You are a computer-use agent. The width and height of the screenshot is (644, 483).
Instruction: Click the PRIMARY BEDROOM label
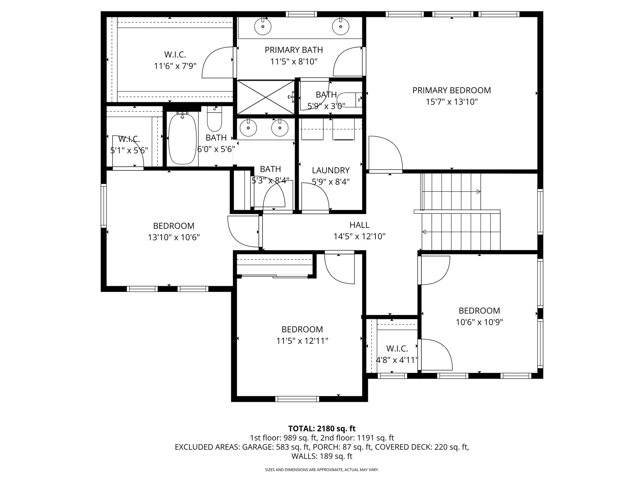tap(452, 91)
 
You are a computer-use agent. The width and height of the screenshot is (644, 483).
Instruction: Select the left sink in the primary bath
tap(263, 27)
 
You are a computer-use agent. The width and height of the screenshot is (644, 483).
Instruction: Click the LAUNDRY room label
tap(330, 170)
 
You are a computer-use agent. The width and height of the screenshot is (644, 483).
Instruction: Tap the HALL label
tap(359, 225)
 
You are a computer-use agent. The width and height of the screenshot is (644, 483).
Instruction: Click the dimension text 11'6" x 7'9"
tap(175, 66)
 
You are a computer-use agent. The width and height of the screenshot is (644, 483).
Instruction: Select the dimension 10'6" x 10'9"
tap(479, 322)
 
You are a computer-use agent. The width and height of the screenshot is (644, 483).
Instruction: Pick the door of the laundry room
tap(315, 197)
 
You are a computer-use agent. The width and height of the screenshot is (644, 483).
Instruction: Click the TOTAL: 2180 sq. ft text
tap(322, 429)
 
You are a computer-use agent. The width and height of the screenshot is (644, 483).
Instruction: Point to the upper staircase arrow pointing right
tap(478, 192)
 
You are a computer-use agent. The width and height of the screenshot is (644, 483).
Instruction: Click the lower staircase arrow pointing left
tap(424, 232)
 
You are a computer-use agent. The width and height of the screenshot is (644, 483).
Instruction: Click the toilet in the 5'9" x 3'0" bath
tap(349, 100)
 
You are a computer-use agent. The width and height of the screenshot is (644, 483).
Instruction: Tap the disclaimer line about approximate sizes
tap(322, 470)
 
